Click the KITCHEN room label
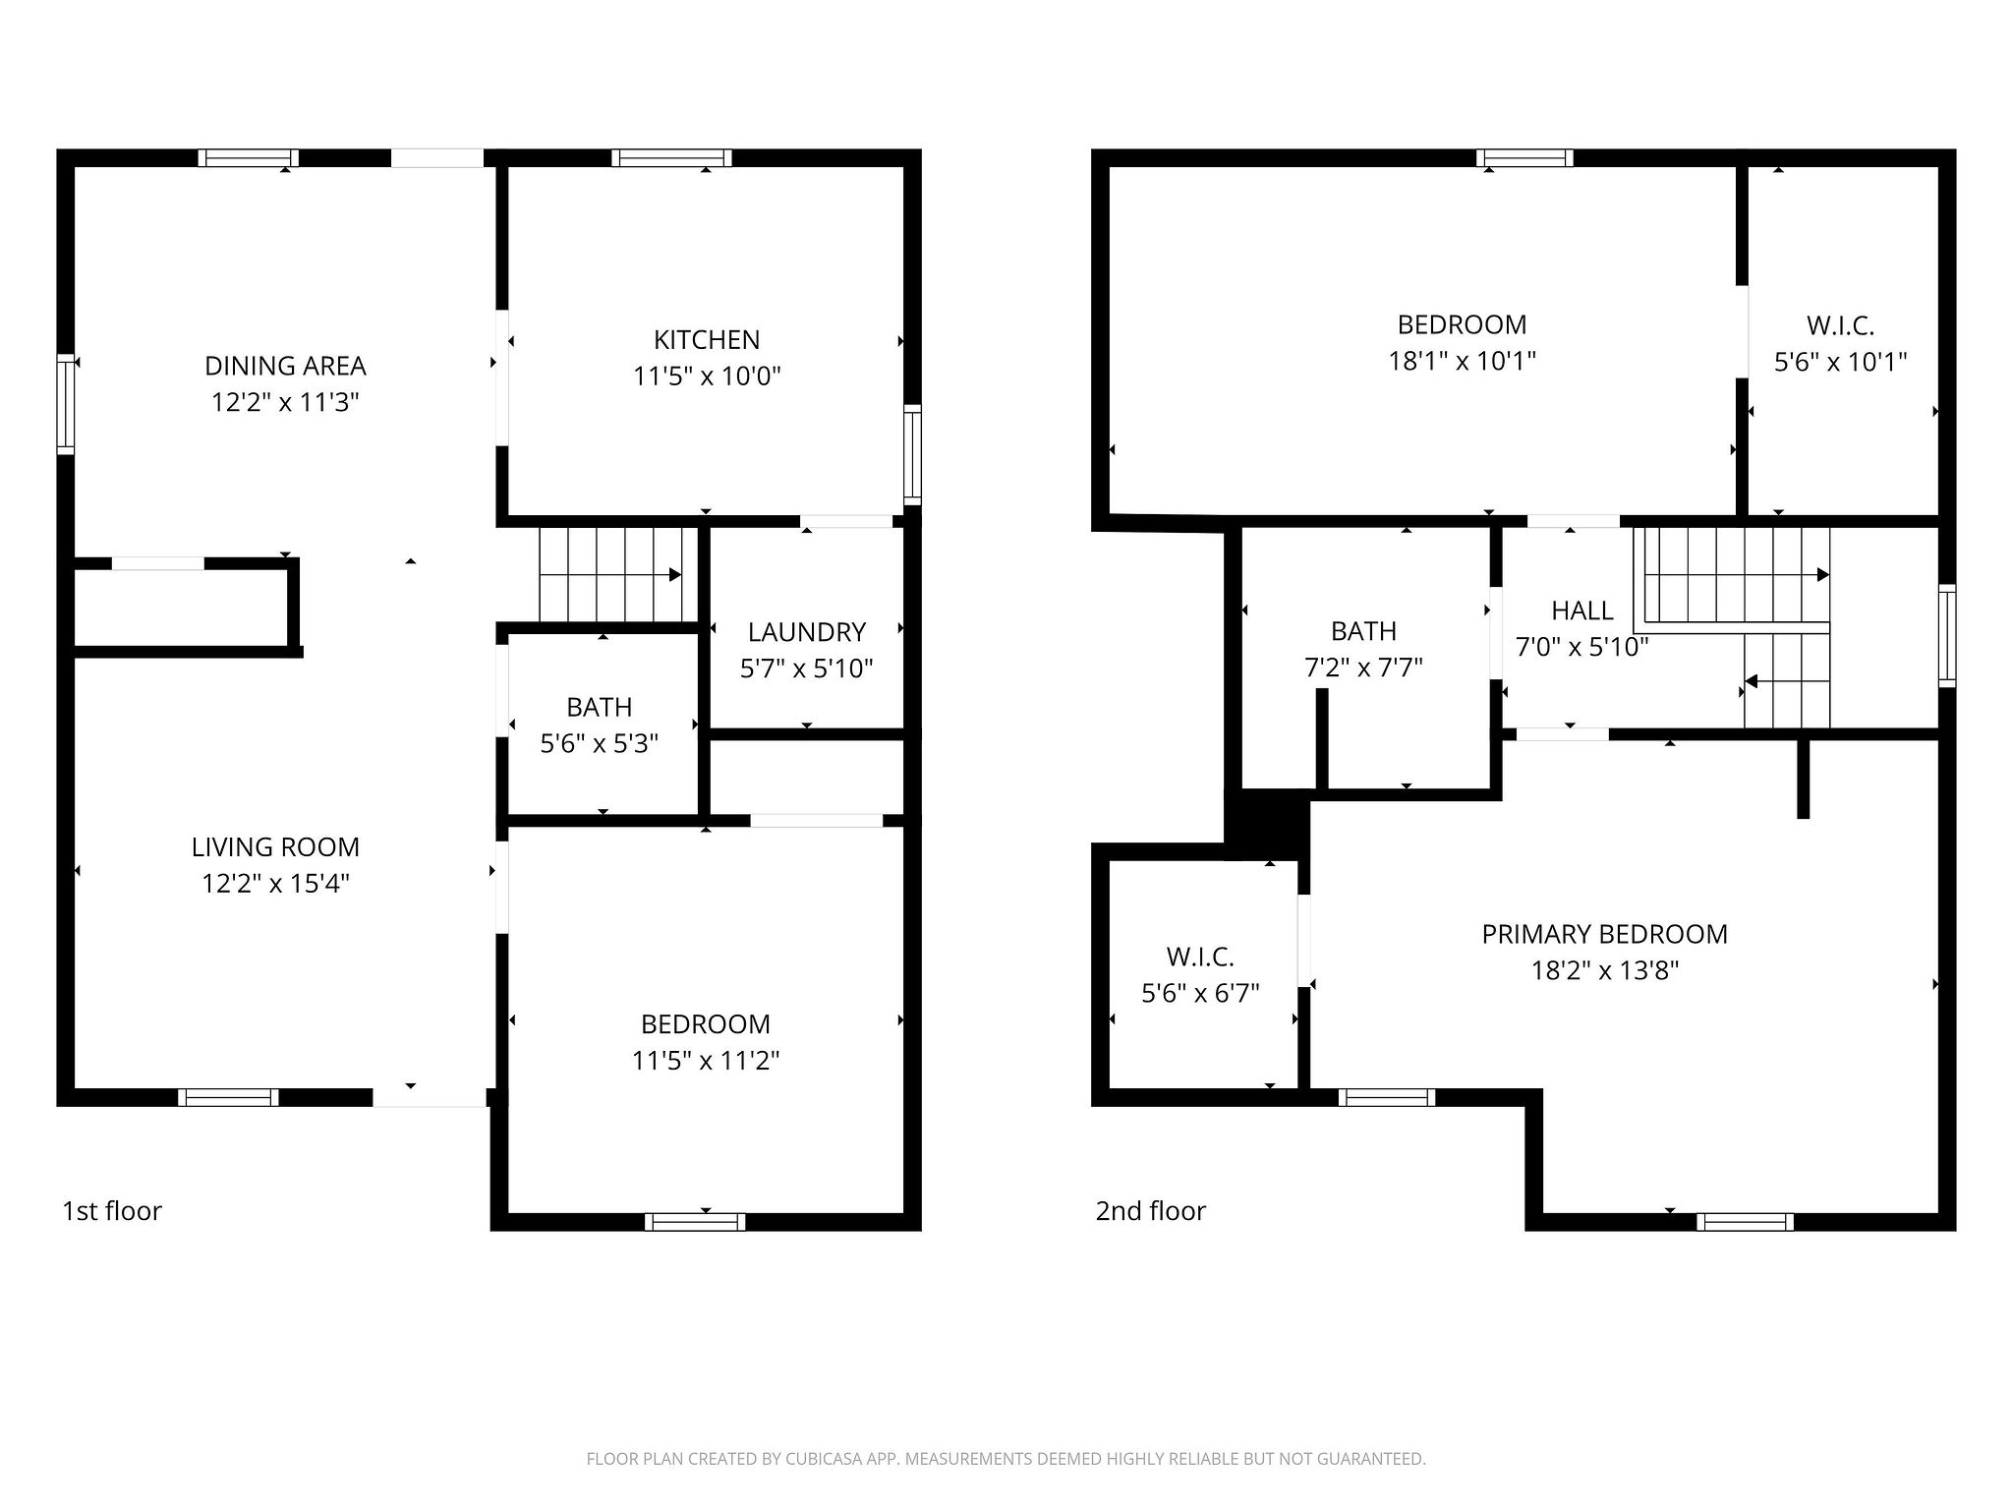click(x=706, y=340)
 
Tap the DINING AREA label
click(x=285, y=366)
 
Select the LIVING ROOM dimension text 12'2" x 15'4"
click(x=275, y=884)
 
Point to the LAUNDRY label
click(x=806, y=632)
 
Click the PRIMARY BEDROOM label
click(x=1604, y=934)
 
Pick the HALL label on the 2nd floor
click(x=1582, y=610)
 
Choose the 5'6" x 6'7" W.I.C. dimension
click(x=1200, y=994)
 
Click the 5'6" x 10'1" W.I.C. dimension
click(x=1840, y=363)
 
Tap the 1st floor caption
click(x=112, y=1211)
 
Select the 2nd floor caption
click(x=1150, y=1211)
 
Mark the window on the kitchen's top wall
click(x=671, y=157)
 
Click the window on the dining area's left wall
click(x=66, y=403)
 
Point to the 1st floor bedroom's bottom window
click(x=695, y=1222)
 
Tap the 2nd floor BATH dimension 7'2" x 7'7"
click(x=1363, y=668)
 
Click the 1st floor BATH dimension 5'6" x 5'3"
click(x=599, y=743)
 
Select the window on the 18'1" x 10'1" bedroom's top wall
click(x=1524, y=157)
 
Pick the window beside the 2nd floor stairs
click(x=1946, y=635)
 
